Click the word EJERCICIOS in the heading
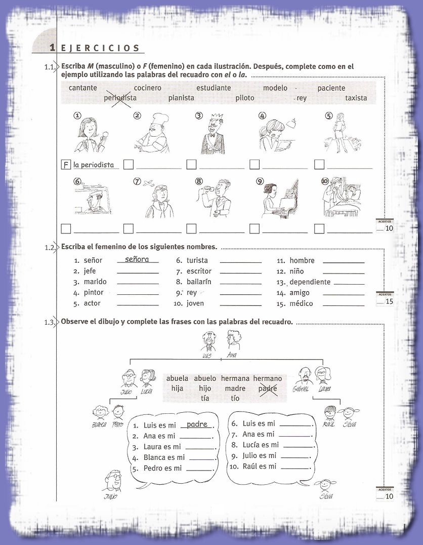tap(100, 48)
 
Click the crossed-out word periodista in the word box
tap(120, 98)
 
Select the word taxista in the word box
tap(356, 98)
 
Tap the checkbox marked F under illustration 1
tap(65, 165)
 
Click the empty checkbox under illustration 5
tap(319, 165)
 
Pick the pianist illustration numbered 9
tap(277, 198)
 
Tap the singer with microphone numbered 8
tap(215, 198)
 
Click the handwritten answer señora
tap(137, 259)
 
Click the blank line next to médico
tap(343, 304)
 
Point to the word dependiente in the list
tap(310, 282)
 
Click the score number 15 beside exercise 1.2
tap(389, 302)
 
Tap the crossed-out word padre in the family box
tap(268, 388)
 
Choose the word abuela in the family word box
tap(177, 378)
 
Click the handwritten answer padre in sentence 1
tap(197, 424)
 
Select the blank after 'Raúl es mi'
tap(294, 467)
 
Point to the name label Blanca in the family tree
tap(99, 424)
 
